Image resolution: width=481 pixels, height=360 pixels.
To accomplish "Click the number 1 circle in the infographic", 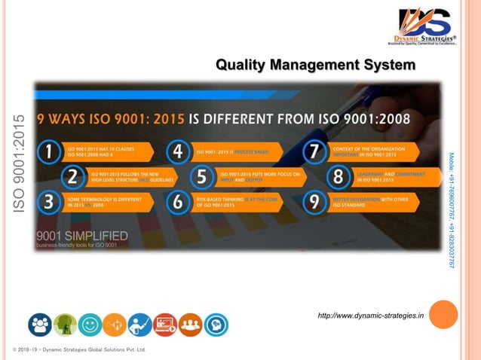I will [49, 152].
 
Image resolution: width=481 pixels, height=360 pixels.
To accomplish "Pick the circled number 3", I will [49, 202].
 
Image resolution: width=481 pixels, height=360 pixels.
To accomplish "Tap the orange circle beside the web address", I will [443, 315].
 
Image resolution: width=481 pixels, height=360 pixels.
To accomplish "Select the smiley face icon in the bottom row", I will [90, 325].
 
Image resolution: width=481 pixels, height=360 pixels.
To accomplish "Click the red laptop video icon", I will [165, 325].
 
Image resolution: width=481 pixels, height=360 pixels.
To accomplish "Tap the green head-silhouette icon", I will [66, 325].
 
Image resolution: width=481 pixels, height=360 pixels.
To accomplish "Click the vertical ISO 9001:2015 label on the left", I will [20, 162].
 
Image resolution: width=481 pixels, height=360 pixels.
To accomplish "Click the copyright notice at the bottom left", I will [79, 350].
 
